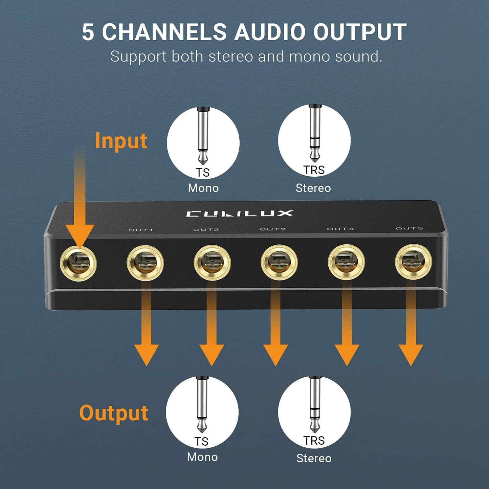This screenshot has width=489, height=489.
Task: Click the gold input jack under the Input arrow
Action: [x=78, y=264]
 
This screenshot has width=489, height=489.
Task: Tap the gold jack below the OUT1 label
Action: [x=145, y=263]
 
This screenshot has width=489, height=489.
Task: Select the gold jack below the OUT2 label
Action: [x=212, y=263]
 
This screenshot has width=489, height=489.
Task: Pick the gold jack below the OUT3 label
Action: [x=279, y=262]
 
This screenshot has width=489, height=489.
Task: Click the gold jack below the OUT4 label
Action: [x=346, y=262]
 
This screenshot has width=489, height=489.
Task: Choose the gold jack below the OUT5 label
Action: [x=413, y=261]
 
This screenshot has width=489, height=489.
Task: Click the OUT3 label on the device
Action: [x=273, y=229]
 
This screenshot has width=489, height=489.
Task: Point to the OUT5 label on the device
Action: [x=409, y=228]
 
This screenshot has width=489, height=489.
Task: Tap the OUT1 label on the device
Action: [x=140, y=230]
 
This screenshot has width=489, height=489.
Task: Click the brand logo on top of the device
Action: [x=239, y=214]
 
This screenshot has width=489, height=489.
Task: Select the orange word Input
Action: [x=121, y=141]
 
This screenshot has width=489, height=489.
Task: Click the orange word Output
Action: [x=114, y=413]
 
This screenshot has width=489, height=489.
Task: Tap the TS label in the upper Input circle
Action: [x=203, y=173]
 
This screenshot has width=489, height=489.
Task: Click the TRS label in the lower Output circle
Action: [x=314, y=441]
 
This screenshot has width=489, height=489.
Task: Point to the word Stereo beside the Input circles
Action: [x=313, y=188]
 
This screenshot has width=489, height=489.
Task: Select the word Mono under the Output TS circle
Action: [x=202, y=457]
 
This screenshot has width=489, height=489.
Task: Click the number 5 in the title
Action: [x=88, y=32]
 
